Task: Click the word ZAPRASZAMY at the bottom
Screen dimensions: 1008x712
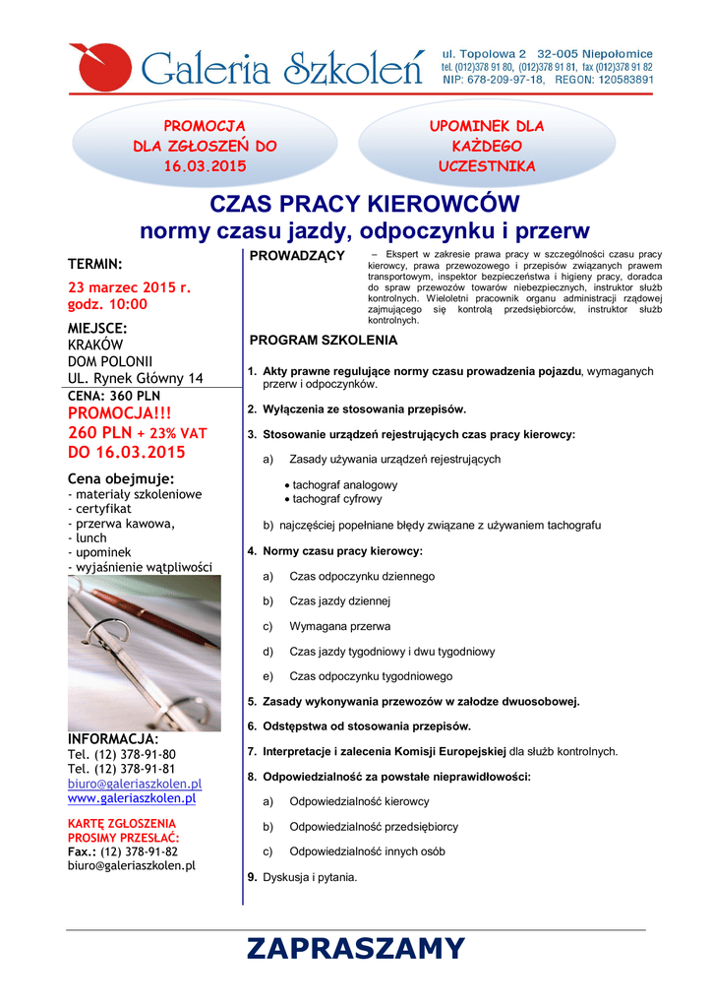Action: (355, 948)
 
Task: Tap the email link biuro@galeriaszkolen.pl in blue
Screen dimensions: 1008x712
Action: (135, 784)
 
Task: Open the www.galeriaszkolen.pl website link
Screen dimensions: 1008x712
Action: (131, 798)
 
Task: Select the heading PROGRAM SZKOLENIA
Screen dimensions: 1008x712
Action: (324, 341)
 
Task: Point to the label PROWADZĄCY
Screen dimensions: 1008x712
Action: (298, 257)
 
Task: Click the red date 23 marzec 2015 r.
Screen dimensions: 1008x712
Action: (129, 287)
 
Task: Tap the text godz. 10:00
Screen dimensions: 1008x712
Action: (107, 304)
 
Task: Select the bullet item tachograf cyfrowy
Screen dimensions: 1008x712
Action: (337, 499)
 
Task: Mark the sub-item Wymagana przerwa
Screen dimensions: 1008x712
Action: (339, 626)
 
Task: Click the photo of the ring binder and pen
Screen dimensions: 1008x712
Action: (144, 651)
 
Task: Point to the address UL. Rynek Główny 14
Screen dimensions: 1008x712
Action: (136, 378)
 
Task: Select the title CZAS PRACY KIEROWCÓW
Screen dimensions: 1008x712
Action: (365, 205)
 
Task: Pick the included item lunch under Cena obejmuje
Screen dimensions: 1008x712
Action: (90, 538)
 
